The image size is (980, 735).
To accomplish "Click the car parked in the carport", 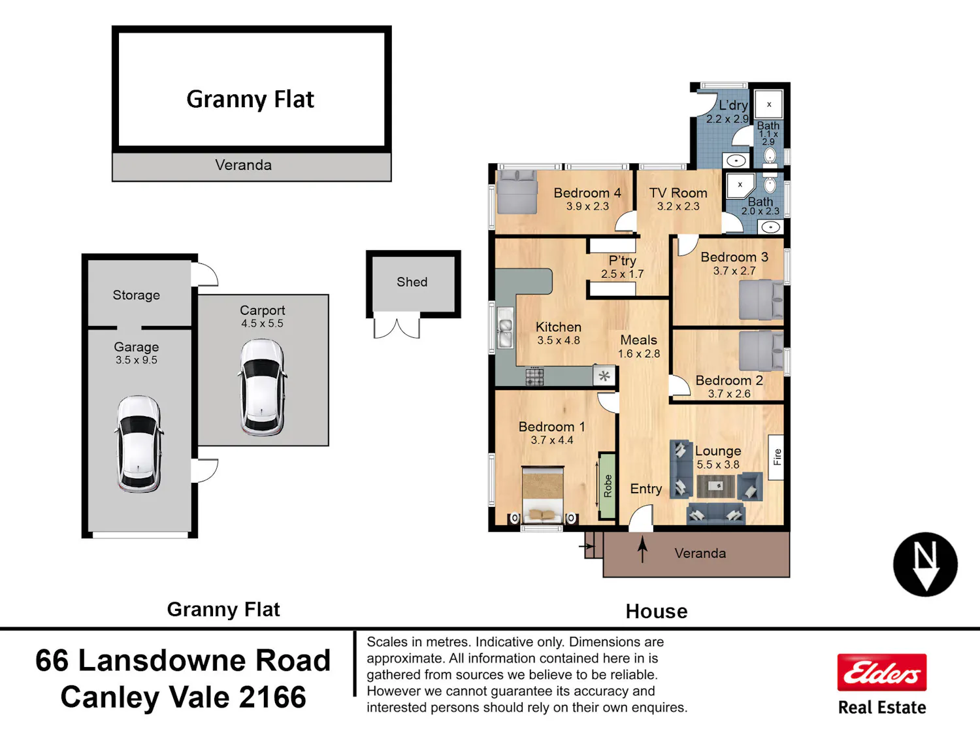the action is pos(263,387).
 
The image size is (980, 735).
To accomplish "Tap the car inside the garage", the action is pos(139,444).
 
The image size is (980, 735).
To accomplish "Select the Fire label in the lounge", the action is pos(777,457).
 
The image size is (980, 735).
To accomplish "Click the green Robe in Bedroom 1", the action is pos(607,485).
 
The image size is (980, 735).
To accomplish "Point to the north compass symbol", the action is pos(925,564).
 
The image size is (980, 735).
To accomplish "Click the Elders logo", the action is pos(882,672).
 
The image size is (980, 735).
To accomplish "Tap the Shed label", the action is pos(412,282).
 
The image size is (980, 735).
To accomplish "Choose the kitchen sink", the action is pos(505,327).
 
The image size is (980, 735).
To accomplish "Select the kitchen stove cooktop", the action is pos(534,376).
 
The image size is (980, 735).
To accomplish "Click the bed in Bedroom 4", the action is pos(517,192).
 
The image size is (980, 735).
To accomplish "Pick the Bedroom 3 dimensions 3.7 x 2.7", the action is pos(734,271).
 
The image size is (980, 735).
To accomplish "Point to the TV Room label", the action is pos(678,193).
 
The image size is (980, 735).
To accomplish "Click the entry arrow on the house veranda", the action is pos(642,549).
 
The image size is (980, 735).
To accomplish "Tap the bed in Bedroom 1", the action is pos(542,495).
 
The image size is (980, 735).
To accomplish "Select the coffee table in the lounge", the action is pos(715,486).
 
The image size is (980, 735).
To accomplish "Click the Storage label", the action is pos(136,295).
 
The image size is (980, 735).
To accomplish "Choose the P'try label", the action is pos(623,261).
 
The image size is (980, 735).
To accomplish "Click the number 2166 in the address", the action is pos(272,697).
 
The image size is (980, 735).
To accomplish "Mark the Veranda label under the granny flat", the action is pos(243,165).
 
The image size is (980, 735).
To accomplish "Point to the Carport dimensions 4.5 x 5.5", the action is pos(262,323).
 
